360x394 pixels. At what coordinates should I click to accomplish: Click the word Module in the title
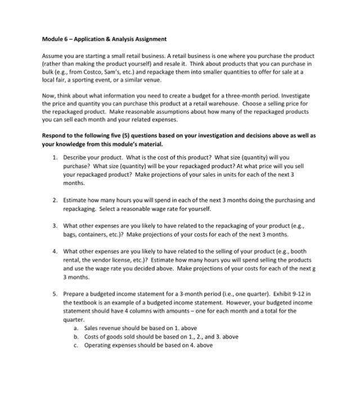click(52, 39)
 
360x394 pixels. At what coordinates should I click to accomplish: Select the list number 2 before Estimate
click(54, 200)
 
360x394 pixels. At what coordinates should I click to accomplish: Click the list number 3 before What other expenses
click(54, 226)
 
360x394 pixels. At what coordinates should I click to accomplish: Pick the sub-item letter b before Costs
click(75, 336)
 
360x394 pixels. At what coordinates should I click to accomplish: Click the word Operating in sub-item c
click(98, 344)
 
